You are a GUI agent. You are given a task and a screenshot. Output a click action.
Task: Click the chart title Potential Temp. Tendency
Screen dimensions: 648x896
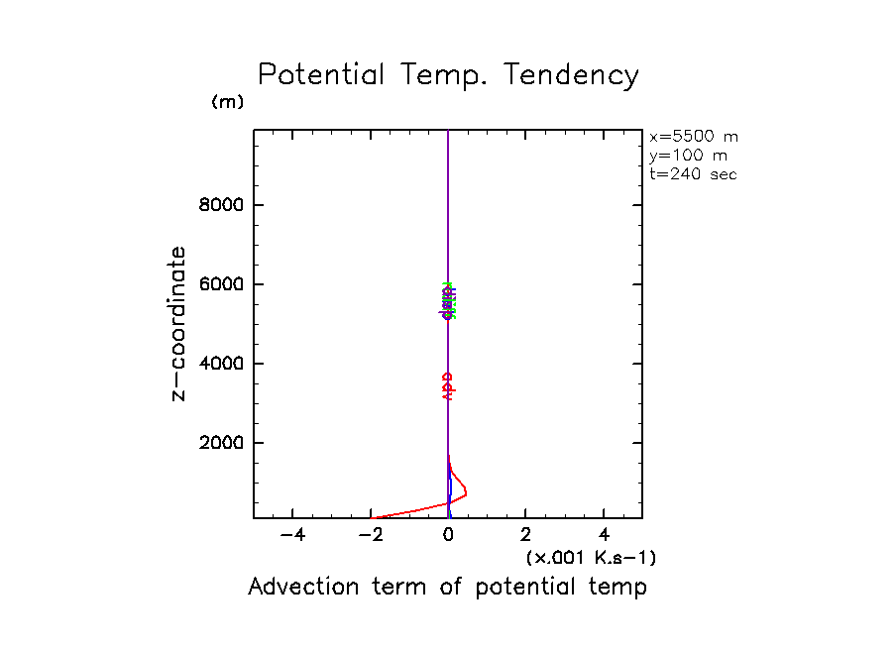448,75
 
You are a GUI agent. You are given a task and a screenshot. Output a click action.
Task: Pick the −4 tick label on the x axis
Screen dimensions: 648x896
292,535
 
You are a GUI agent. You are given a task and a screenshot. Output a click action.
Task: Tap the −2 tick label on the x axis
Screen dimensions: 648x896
371,535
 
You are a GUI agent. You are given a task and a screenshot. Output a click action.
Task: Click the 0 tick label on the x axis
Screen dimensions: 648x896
449,535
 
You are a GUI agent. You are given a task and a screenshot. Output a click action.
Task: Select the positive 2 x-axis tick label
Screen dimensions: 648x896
525,535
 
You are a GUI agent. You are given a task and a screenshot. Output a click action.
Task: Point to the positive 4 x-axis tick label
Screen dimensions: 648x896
604,535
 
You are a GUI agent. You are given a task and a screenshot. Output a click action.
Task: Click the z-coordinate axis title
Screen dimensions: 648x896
178,323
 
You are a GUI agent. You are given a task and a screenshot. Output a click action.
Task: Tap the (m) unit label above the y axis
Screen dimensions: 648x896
227,102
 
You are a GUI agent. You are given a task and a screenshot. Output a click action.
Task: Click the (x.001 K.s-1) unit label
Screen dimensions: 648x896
591,558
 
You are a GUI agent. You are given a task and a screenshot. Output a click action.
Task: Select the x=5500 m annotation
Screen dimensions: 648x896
694,137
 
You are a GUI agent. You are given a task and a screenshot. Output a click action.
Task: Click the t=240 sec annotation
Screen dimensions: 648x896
693,174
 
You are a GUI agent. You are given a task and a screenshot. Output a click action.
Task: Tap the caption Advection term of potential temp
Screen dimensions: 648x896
447,587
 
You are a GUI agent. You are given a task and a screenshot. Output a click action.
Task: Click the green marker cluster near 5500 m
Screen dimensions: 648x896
449,298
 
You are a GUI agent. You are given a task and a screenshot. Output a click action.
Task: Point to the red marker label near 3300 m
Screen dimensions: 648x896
448,385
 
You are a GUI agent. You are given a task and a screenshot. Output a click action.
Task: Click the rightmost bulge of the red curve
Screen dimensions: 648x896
466,492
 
